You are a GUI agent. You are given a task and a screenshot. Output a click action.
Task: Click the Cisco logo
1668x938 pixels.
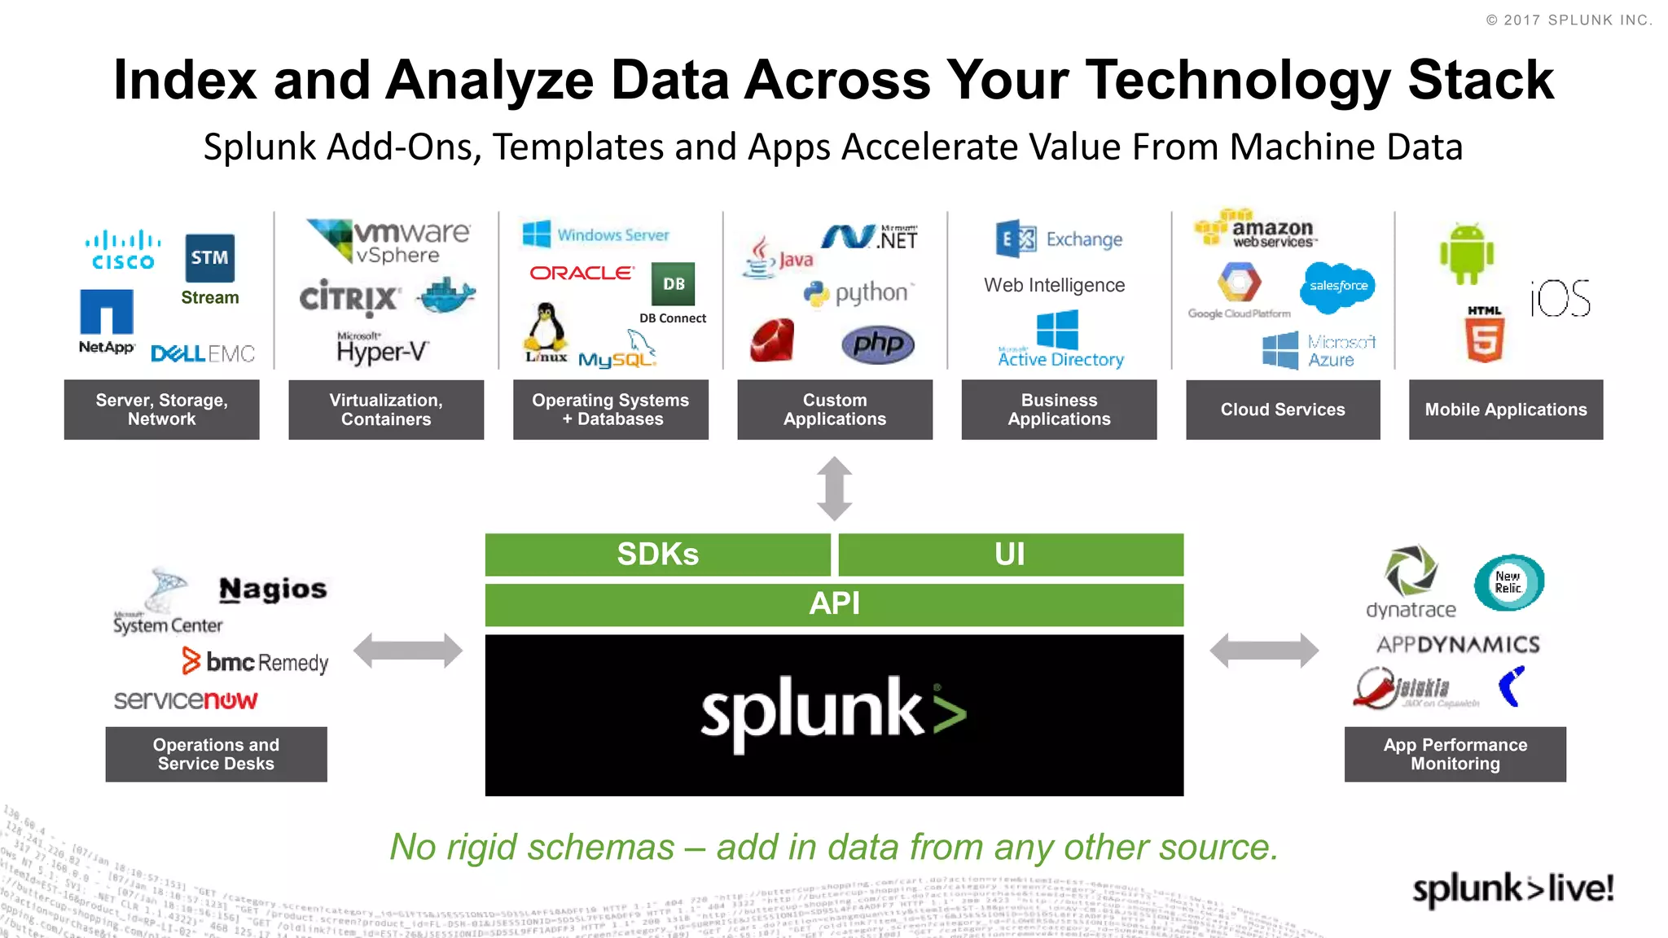[123, 250]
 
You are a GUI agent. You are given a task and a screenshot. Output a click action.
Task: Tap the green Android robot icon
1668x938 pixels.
[1466, 254]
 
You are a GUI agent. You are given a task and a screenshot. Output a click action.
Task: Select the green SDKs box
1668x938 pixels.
[657, 554]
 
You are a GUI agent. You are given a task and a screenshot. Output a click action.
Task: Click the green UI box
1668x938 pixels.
[1010, 554]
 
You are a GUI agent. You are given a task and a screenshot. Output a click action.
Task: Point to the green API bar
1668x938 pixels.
[834, 604]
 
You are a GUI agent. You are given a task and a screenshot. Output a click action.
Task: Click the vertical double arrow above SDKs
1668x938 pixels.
[834, 489]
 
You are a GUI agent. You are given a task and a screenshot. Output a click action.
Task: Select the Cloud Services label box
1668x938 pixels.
[1283, 410]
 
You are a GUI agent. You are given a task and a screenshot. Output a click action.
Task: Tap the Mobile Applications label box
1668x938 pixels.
[1506, 410]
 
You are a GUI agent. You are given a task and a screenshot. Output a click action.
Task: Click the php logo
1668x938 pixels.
[878, 344]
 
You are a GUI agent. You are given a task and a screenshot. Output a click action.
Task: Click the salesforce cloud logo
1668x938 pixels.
[1338, 286]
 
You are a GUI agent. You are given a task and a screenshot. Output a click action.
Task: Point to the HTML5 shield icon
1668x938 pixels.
[1484, 335]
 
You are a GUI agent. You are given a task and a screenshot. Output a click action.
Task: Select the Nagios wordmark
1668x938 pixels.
[273, 589]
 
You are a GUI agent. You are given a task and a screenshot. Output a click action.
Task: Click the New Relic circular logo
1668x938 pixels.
[1508, 582]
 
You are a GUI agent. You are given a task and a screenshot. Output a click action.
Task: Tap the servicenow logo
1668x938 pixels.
[186, 700]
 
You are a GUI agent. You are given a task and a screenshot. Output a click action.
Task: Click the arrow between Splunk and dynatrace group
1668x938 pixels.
[1264, 651]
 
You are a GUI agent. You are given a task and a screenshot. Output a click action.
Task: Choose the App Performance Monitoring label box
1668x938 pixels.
[1455, 754]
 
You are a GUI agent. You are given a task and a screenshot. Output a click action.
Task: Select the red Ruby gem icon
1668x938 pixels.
[772, 340]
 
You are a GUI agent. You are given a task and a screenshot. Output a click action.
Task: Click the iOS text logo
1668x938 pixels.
[1560, 298]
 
